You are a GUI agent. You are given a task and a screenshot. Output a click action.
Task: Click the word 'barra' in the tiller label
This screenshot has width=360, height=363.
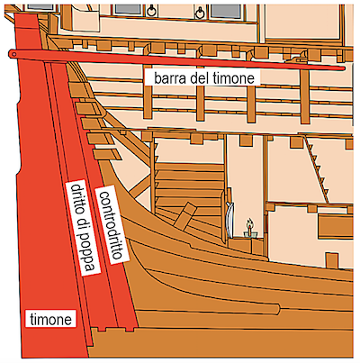click(167, 77)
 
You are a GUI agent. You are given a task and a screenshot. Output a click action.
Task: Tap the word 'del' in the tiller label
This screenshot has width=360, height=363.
click(196, 77)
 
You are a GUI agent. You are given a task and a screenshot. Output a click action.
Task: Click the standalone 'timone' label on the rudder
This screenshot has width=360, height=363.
click(50, 319)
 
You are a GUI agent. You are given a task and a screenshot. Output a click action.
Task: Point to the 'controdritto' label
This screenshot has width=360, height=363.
click(111, 225)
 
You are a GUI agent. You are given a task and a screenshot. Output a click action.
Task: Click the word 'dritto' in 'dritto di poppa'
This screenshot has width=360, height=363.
click(76, 200)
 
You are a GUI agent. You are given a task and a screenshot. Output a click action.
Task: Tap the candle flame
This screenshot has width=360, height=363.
click(249, 223)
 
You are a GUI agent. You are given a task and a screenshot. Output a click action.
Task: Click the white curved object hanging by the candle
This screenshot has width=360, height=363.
click(230, 218)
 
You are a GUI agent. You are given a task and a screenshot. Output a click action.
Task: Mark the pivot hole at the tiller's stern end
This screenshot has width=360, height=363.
click(13, 54)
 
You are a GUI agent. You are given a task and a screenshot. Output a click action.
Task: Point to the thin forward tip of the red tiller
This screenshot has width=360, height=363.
click(343, 68)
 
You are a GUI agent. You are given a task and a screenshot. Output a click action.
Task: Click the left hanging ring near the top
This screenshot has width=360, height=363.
click(150, 11)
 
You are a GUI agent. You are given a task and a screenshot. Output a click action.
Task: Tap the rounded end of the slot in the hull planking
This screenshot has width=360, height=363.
click(277, 310)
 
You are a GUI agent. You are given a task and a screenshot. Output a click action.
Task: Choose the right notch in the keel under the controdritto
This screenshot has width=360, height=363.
click(130, 329)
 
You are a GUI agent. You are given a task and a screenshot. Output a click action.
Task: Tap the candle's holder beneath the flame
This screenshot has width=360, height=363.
click(249, 233)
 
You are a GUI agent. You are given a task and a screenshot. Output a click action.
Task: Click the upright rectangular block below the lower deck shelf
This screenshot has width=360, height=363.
click(332, 260)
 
